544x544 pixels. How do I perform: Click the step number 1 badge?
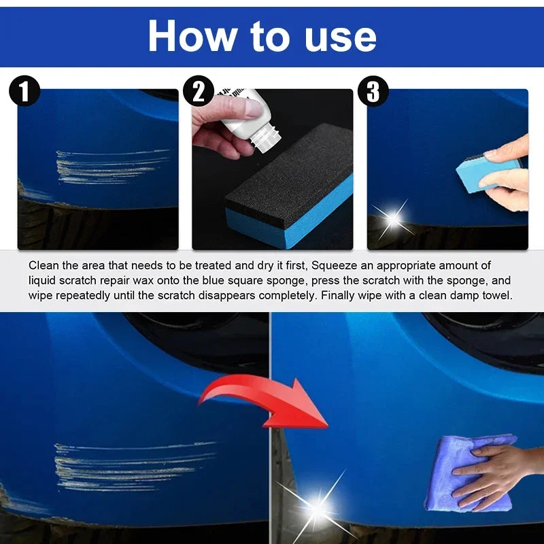point(26,92)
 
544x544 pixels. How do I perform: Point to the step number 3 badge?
point(373,92)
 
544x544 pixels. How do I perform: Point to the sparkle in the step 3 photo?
point(392,218)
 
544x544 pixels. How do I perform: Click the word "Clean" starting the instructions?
point(43,266)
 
